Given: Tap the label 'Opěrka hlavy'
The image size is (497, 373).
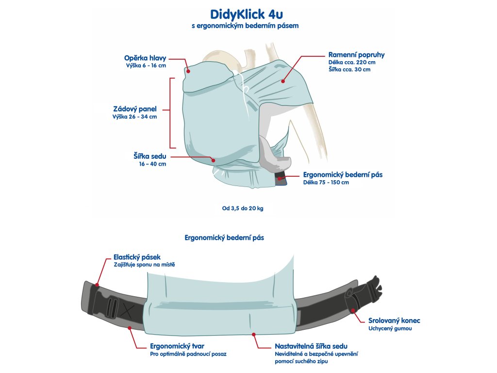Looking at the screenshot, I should (x=145, y=58).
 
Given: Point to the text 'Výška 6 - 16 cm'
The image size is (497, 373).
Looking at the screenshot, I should (x=146, y=66).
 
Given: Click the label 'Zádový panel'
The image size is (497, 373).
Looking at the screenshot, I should (x=134, y=109).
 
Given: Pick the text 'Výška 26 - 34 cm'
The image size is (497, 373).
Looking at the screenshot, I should (x=134, y=117).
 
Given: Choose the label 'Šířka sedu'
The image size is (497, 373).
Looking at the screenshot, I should (x=150, y=156).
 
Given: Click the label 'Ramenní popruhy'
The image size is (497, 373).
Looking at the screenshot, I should (x=356, y=54).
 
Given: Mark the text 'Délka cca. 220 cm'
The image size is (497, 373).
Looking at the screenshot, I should (x=352, y=62).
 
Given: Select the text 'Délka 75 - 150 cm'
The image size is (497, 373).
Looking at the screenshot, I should (x=326, y=183).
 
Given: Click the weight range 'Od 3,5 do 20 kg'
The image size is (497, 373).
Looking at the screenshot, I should (x=243, y=208).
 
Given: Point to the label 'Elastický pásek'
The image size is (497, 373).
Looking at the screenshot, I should (x=137, y=256).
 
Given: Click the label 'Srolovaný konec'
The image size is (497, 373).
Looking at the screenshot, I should (x=394, y=321).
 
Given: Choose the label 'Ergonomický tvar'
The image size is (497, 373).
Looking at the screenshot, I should (x=177, y=346).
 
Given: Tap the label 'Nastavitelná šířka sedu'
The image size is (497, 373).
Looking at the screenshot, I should (x=311, y=346).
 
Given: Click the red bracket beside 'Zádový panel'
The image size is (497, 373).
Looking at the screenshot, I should (x=170, y=112).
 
